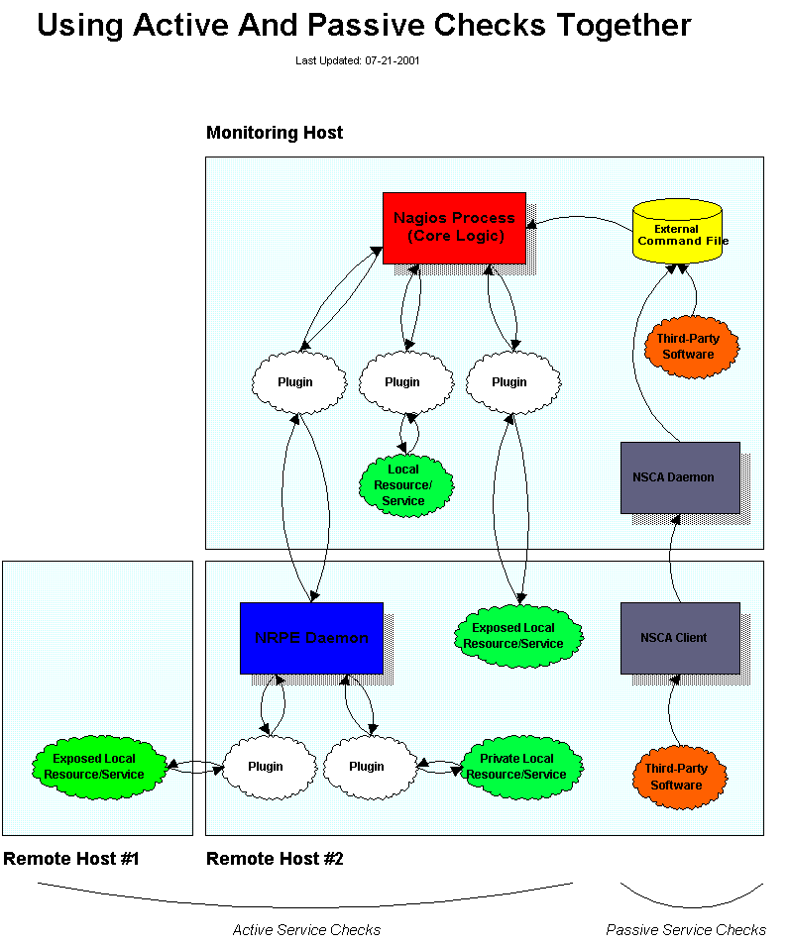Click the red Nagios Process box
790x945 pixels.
click(454, 228)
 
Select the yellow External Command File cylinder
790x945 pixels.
click(677, 232)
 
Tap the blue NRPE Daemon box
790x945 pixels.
click(311, 638)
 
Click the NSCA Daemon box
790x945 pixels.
click(680, 477)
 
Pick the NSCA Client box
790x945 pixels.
click(680, 638)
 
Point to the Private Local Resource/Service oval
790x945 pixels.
click(516, 768)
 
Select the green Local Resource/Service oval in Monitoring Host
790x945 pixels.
click(405, 485)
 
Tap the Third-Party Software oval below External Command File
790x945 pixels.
click(691, 347)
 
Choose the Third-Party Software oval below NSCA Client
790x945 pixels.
click(679, 777)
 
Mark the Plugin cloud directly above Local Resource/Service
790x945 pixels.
click(405, 382)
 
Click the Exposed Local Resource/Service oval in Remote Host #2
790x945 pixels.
click(518, 636)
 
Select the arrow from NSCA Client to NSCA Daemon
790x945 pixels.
click(671, 561)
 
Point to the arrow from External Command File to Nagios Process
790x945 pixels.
click(579, 218)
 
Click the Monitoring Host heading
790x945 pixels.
click(275, 133)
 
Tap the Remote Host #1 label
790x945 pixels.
click(71, 858)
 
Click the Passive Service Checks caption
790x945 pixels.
click(686, 930)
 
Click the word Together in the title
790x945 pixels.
click(623, 26)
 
